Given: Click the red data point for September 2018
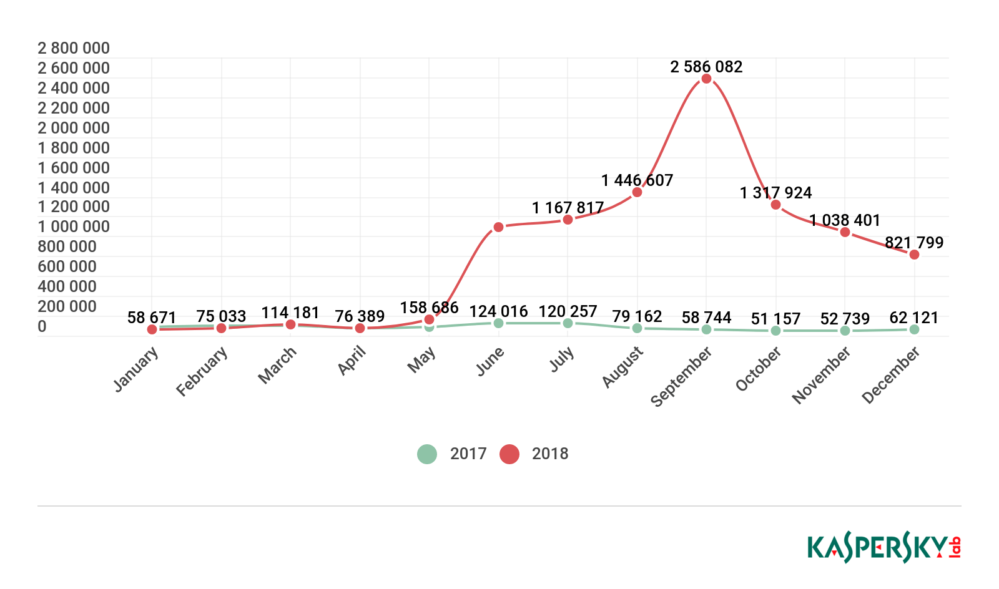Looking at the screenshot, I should click(x=706, y=79).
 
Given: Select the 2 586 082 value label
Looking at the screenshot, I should click(x=706, y=67).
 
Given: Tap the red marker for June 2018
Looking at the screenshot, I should click(x=498, y=227).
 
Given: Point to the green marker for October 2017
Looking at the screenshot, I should click(x=775, y=331).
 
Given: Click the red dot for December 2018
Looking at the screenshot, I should click(x=914, y=255).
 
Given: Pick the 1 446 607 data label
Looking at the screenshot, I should click(x=637, y=180).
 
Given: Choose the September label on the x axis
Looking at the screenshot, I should click(x=681, y=377).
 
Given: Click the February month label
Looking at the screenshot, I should click(x=202, y=372).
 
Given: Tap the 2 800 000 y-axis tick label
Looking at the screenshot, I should click(x=74, y=48).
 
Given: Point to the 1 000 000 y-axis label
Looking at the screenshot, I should click(x=74, y=226).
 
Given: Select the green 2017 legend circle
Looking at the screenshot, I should click(x=427, y=454).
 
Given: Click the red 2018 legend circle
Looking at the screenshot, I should click(x=509, y=454).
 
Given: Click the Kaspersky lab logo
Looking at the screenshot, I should click(x=883, y=548).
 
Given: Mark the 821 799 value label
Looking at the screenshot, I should click(x=914, y=243).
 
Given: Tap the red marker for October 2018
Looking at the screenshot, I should click(x=775, y=205).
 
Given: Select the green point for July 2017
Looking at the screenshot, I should click(x=568, y=323).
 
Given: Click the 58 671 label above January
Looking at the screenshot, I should click(x=152, y=318).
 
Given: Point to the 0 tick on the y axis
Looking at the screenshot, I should click(x=42, y=326).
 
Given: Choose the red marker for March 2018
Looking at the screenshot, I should click(x=290, y=324).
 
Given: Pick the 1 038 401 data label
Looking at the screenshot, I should click(x=845, y=220).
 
